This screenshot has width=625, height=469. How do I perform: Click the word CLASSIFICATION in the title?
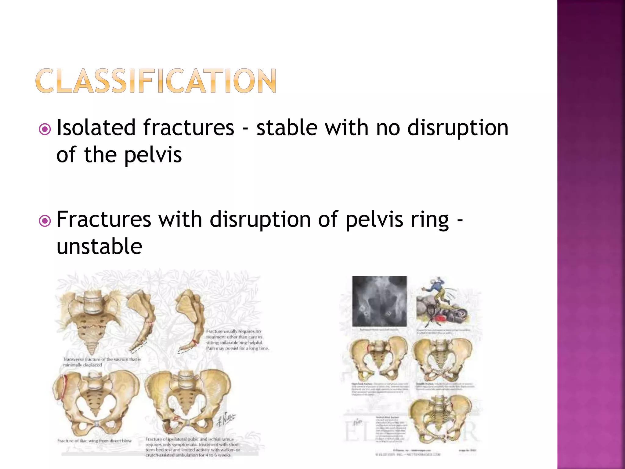coord(156,81)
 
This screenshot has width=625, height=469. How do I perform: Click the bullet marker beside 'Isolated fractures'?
coord(45,129)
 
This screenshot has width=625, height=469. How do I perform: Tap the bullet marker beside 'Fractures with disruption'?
coord(45,221)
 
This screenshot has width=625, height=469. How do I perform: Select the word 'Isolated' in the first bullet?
coord(96,127)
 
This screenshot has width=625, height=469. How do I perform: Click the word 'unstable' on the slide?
coord(99,246)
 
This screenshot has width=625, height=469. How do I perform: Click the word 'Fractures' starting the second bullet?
coord(104,219)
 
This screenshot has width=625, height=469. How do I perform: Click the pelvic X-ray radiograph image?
coord(379,301)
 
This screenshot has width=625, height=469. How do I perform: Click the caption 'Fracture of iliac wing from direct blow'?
coord(94,441)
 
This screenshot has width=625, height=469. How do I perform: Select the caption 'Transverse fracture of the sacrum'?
coord(102,362)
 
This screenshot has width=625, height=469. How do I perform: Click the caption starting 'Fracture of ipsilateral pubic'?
coord(192,447)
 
